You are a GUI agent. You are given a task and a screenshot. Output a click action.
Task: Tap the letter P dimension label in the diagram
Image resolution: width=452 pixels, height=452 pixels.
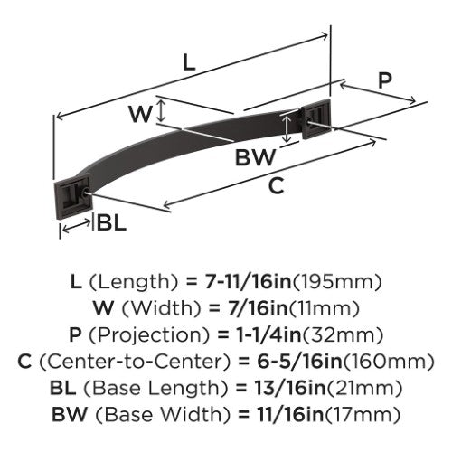385,80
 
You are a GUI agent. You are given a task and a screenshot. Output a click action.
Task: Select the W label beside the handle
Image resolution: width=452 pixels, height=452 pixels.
141,114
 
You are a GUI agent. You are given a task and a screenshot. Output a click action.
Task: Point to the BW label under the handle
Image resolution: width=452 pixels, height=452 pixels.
256,157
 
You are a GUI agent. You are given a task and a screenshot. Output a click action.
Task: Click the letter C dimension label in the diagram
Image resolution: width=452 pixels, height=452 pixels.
277,185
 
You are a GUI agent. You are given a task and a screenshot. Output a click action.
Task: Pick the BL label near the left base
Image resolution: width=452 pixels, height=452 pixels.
111,223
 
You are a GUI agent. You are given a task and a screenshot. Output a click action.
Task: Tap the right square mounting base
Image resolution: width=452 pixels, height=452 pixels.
316,118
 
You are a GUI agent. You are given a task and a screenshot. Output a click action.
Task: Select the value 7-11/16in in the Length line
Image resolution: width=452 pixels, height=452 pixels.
248,282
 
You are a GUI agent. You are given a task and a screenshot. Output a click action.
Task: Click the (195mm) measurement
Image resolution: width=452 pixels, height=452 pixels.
337,282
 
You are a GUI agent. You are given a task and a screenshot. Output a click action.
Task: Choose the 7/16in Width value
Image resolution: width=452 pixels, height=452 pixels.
258,308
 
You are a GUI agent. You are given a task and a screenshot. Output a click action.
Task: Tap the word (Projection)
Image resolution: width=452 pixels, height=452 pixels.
149,335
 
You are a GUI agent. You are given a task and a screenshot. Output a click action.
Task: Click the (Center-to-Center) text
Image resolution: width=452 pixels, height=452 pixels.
135,362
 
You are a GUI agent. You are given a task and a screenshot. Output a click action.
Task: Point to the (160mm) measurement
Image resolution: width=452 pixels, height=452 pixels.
389,362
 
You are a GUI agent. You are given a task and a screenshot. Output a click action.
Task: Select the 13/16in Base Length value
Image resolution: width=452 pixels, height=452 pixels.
291,388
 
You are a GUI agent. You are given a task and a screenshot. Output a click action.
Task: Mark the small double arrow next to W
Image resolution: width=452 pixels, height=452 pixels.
162,110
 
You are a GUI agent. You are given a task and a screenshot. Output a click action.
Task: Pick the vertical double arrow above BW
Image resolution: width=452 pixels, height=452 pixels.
287,129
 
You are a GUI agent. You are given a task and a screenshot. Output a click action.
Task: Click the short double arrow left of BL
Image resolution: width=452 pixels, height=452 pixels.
77,226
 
